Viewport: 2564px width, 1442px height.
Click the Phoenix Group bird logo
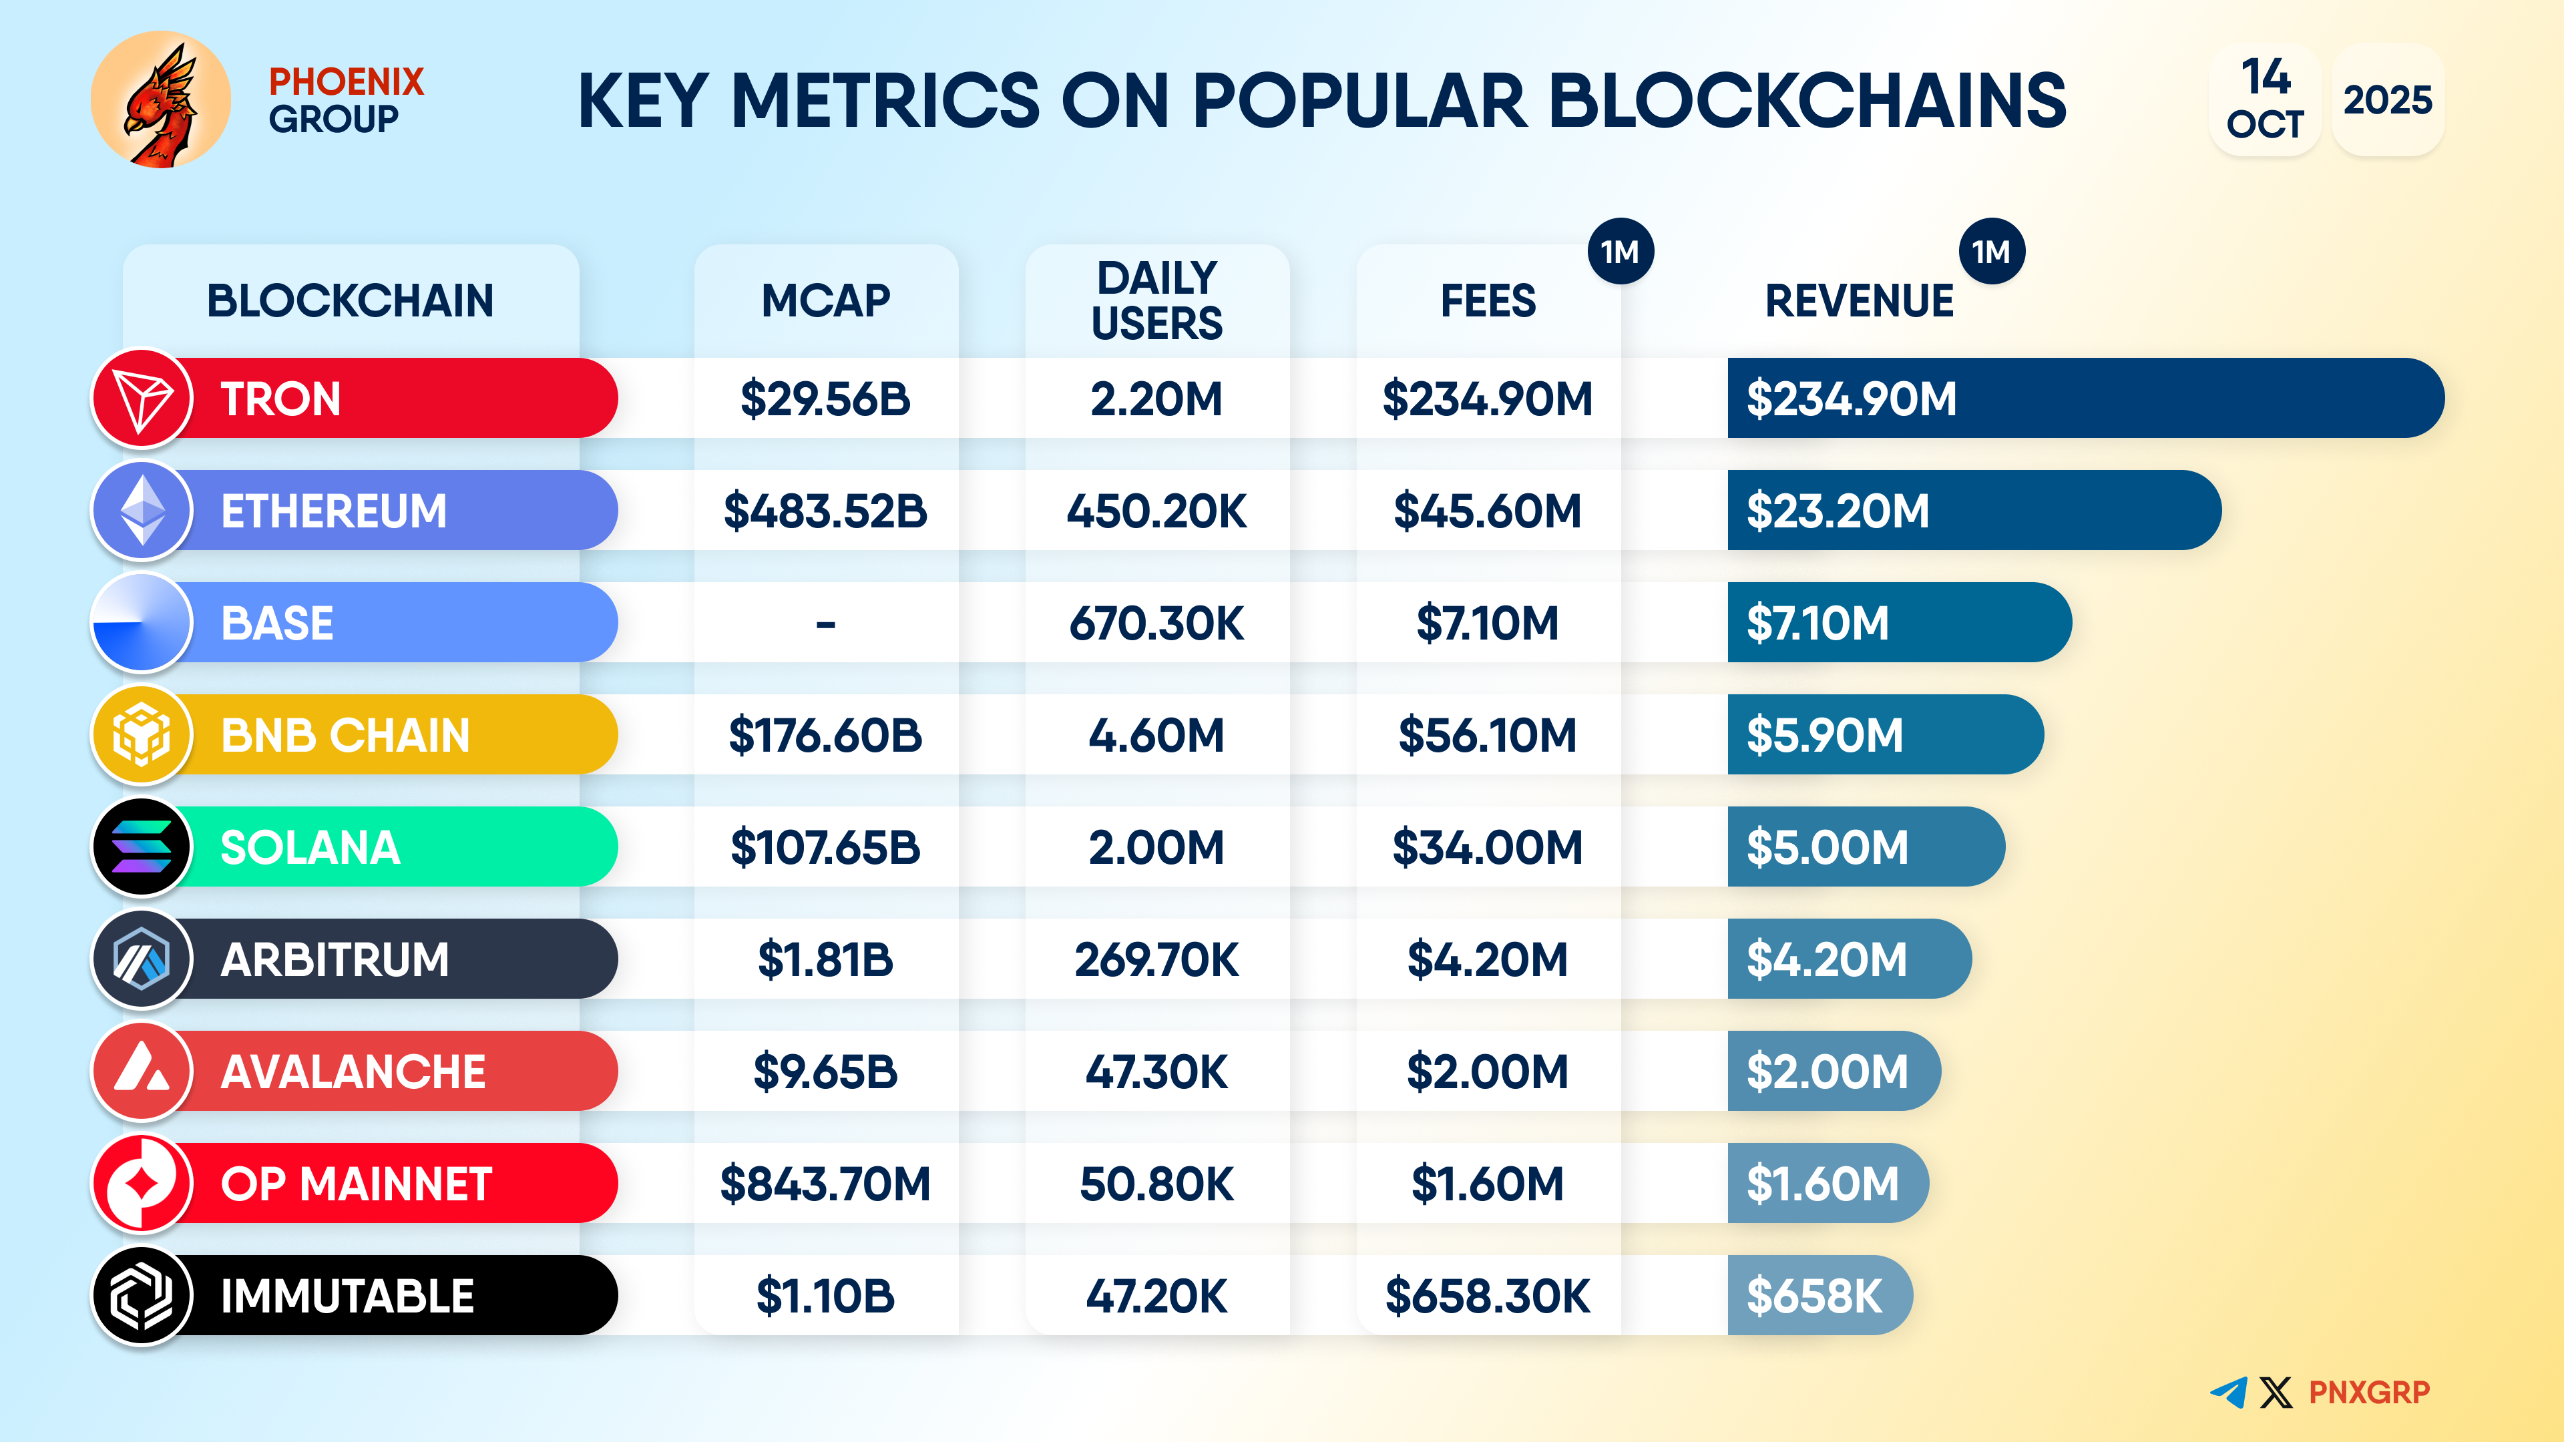160,99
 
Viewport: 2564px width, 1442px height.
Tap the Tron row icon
142,398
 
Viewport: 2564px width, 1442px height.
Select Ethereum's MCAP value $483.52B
825,511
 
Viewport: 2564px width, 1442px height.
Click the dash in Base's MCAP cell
825,624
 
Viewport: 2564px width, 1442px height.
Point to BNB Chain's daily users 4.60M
1156,736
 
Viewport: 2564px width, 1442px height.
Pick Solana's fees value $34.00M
1487,848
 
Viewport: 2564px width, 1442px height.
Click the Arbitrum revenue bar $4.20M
1848,959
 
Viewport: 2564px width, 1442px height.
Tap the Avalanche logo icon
142,1071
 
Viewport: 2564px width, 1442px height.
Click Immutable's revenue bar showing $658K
1818,1296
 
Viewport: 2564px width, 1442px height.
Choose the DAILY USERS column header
1156,300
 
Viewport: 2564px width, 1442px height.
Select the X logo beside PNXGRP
2276,1391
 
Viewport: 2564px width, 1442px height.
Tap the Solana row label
310,848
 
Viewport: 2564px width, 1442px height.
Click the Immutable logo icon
142,1296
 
